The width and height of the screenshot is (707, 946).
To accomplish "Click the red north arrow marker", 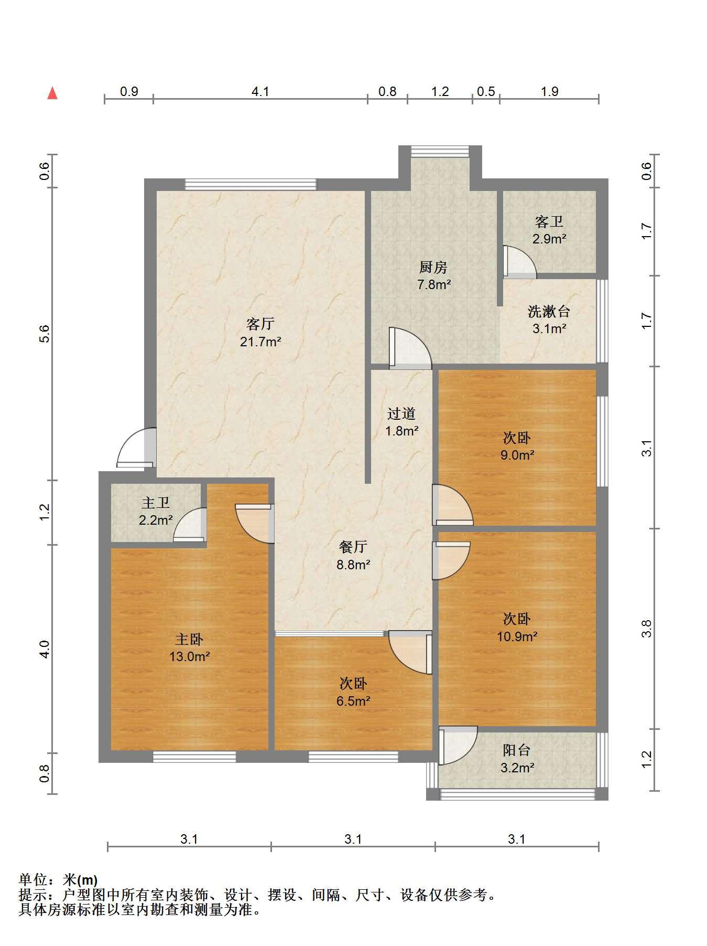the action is (52, 93).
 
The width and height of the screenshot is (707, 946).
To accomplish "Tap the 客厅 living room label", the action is (260, 323).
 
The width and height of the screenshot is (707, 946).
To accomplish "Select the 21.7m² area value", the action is (260, 342).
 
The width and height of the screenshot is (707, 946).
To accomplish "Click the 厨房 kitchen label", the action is (433, 267).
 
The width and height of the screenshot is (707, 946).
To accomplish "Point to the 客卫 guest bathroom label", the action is (549, 221).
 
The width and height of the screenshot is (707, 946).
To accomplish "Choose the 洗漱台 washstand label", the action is (549, 311).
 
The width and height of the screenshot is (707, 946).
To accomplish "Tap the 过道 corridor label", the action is (401, 413).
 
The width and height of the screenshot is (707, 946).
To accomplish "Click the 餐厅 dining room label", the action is (353, 547).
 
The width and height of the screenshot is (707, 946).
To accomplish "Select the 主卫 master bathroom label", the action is (156, 503).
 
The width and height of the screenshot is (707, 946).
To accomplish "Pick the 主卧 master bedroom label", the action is (189, 639).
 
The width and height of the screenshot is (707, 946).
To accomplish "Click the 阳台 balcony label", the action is (517, 750).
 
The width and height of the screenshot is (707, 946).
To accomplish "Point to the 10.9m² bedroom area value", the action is (517, 636).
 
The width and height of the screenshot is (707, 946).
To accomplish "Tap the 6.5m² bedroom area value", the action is (354, 701).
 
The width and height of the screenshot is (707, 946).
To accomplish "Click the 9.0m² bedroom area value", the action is (517, 455).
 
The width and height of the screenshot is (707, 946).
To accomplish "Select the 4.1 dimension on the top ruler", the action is (260, 91).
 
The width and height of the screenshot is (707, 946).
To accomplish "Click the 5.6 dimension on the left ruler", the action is (44, 334).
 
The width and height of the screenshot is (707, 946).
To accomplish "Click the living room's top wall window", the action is (251, 184).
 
